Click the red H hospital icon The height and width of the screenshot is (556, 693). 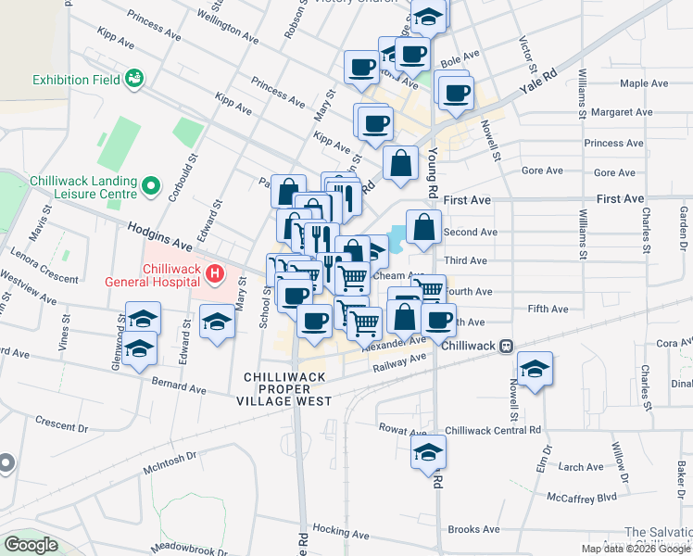(x=215, y=273)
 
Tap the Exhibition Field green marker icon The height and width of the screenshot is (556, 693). (x=134, y=79)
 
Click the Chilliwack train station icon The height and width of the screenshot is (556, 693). (x=506, y=346)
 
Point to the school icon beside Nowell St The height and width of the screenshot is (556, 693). (x=535, y=367)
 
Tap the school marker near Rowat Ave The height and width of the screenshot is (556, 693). (x=428, y=451)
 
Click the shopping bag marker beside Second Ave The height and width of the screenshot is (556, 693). (x=423, y=226)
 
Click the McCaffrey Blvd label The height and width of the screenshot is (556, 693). (x=581, y=498)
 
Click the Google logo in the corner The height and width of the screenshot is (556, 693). (x=30, y=545)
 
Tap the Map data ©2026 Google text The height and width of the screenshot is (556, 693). (x=636, y=549)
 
